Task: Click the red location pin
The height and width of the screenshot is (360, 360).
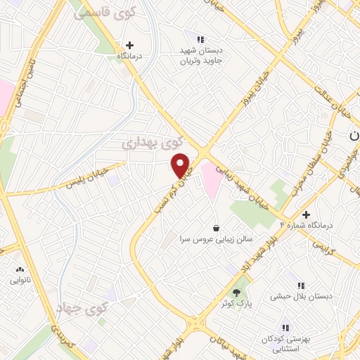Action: click(181, 165)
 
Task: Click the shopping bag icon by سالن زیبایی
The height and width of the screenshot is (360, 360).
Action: click(215, 228)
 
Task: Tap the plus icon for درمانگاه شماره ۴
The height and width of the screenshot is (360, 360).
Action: click(306, 214)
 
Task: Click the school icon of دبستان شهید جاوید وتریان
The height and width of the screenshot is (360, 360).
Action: click(200, 39)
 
